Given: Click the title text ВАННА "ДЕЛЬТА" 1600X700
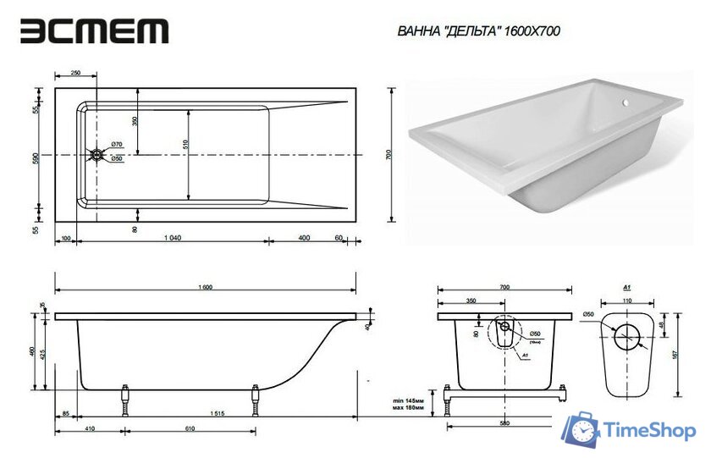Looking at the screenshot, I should [478, 31].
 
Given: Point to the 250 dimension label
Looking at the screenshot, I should [75, 74].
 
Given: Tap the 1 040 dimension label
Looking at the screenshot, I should [173, 238].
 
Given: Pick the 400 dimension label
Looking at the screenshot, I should [303, 238].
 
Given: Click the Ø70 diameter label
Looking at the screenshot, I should [118, 145].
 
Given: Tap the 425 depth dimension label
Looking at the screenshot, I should [44, 354].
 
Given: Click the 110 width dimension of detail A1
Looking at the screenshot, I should [627, 301].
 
